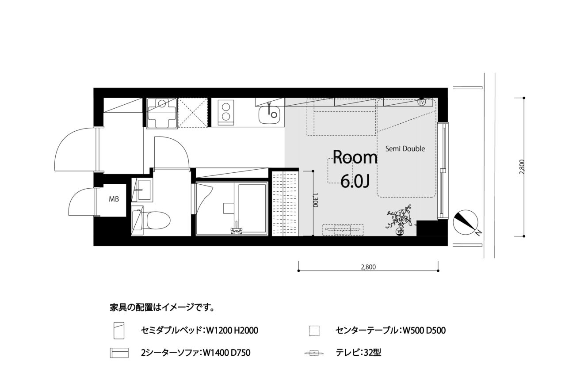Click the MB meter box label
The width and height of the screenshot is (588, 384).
(x=114, y=199)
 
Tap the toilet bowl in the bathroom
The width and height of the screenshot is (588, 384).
(x=158, y=221)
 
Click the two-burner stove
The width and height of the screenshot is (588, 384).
(x=225, y=113)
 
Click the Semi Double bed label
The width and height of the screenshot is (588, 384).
(x=405, y=149)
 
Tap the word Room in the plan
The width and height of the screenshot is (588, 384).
(x=355, y=157)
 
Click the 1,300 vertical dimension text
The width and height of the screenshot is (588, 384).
(x=316, y=200)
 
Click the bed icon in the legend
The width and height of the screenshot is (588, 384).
(x=118, y=331)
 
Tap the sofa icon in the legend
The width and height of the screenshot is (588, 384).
(x=119, y=353)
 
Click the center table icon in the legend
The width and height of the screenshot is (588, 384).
(x=314, y=331)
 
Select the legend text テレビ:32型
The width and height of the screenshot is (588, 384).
(x=359, y=353)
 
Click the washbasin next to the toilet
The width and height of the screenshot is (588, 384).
(x=142, y=190)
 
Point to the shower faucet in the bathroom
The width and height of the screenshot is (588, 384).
(x=237, y=229)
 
